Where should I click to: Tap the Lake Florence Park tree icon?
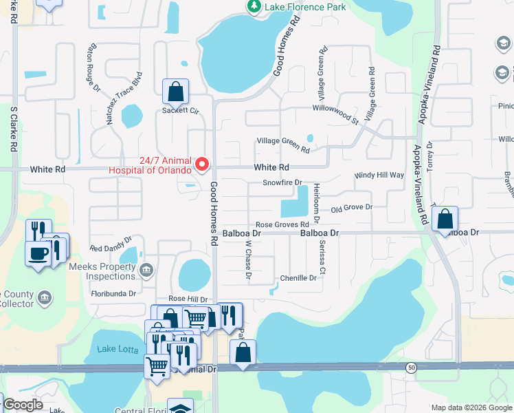point(254,6)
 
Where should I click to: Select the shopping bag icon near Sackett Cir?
point(175,91)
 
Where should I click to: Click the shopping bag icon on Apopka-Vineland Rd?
point(445,219)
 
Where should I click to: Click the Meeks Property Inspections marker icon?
point(145,270)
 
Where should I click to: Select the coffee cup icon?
point(38,253)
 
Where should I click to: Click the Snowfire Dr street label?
point(282,183)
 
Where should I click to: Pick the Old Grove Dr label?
point(351,207)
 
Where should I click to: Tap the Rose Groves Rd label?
point(282,224)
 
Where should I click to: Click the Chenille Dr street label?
point(298,278)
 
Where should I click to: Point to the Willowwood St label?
point(336,110)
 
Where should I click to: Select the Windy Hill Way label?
point(379,176)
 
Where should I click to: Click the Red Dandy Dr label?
point(110,248)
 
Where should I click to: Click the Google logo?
point(23,405)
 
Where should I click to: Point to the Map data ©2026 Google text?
point(471,407)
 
